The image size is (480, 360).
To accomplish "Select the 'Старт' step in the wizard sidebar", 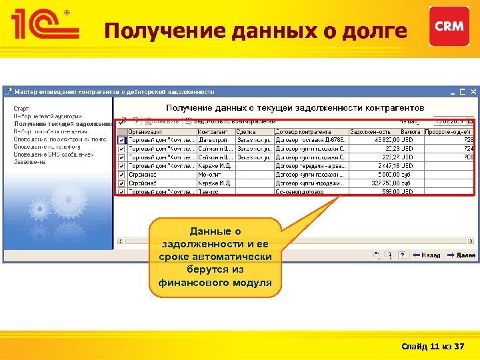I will coord(21,107).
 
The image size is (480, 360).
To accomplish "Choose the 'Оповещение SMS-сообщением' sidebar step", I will coord(54,154).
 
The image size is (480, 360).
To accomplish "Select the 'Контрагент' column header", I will coord(215,132).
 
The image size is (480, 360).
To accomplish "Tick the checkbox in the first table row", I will coord(121,141).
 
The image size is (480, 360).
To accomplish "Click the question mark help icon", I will coord(402,255).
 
